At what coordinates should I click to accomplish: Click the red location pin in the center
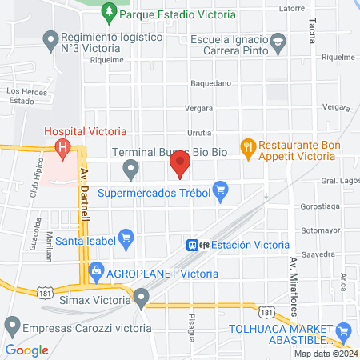point(180,166)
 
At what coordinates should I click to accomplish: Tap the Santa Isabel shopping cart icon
point(125,237)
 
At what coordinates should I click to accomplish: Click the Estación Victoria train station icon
point(193,245)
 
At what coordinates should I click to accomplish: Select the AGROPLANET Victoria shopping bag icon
point(96,272)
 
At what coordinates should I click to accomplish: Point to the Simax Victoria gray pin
point(142,299)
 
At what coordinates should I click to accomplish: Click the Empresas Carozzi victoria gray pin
point(11,327)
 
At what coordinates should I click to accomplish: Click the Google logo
point(27,350)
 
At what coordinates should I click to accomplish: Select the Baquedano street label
point(210,82)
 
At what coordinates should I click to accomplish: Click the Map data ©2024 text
point(325,354)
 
